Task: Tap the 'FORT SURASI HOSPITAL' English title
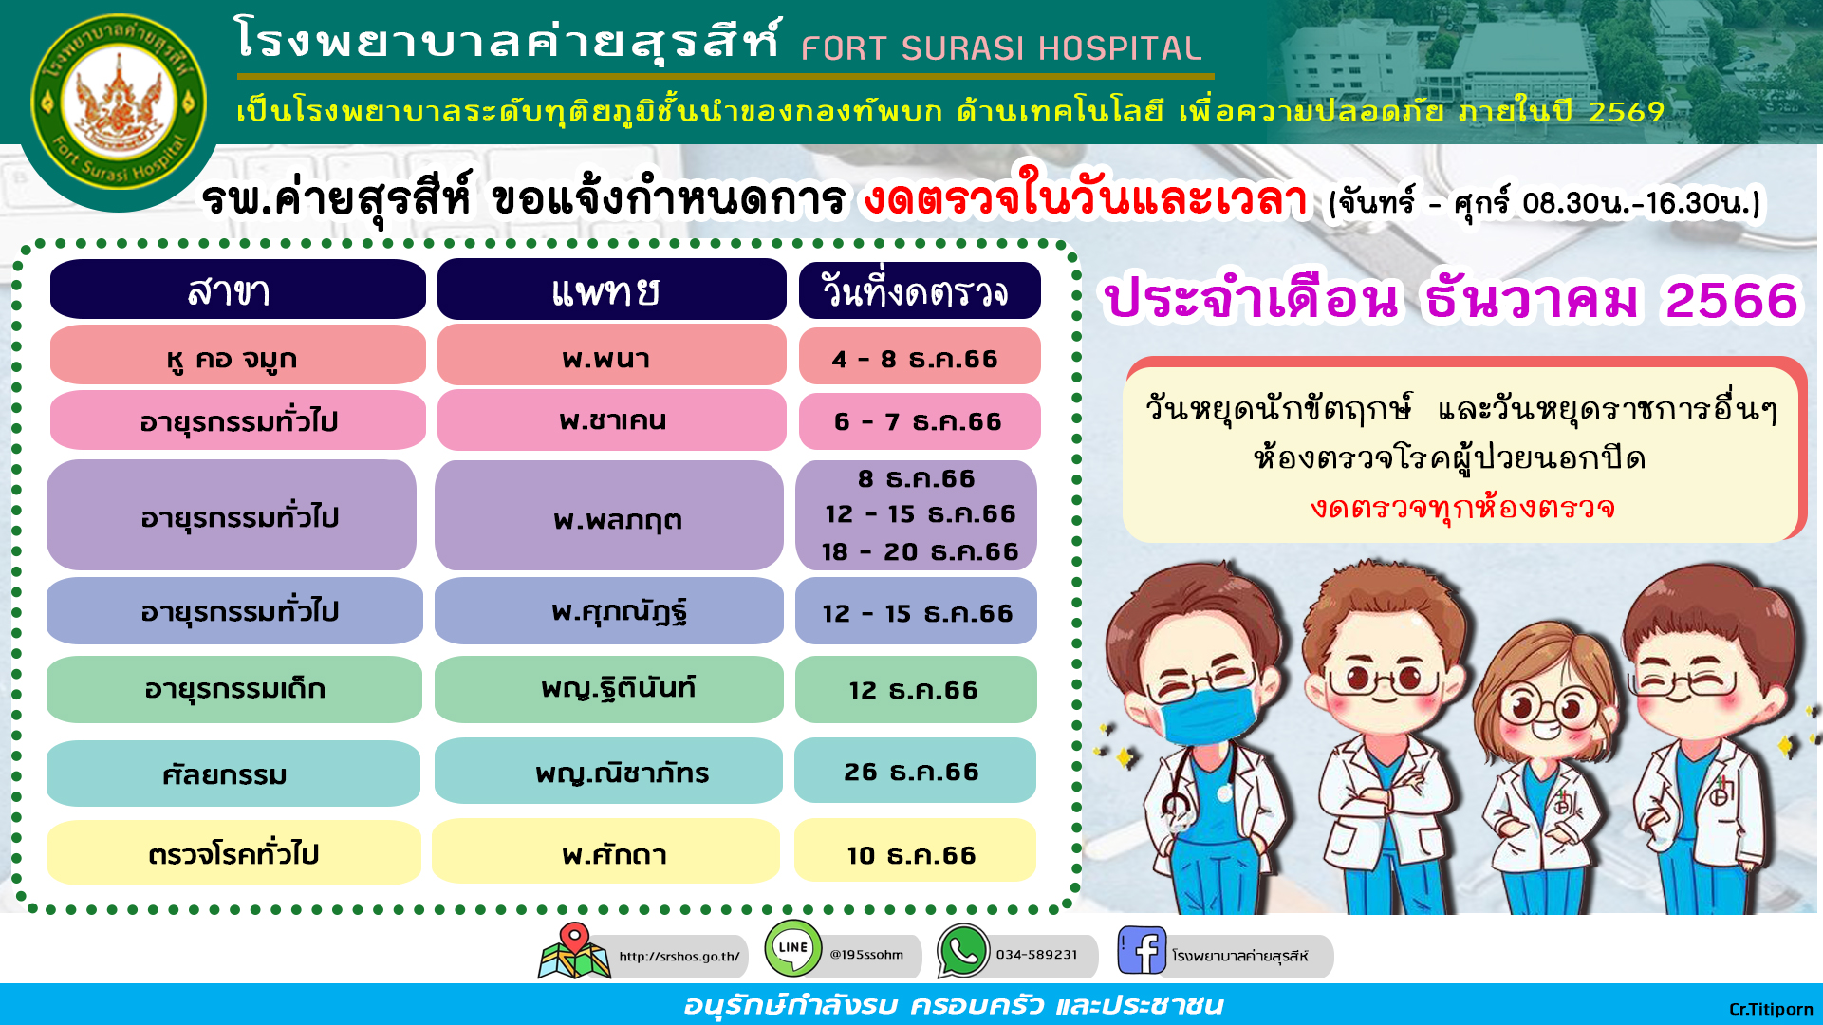[1001, 47]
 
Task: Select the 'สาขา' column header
[237, 289]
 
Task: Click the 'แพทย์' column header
[611, 289]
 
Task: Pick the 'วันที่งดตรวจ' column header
[919, 290]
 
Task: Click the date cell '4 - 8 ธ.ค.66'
[919, 357]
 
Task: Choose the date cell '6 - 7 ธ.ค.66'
[919, 420]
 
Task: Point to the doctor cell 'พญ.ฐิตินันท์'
[608, 689]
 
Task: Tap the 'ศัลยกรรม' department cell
[233, 773]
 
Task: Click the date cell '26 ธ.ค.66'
[915, 771]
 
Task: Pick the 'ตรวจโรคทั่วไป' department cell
[233, 852]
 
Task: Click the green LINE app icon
[793, 947]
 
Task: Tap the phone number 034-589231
[1036, 955]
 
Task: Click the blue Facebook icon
[1142, 950]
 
